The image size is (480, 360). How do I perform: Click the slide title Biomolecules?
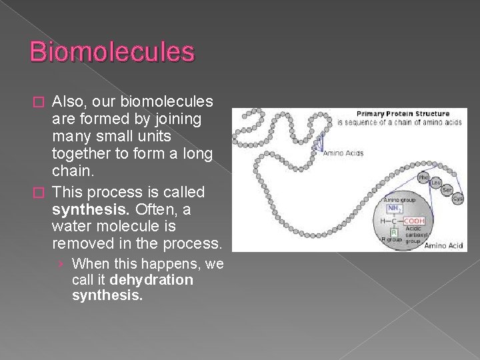(112, 51)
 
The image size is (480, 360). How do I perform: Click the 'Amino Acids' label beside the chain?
(343, 154)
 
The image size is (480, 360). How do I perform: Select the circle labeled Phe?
(423, 177)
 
